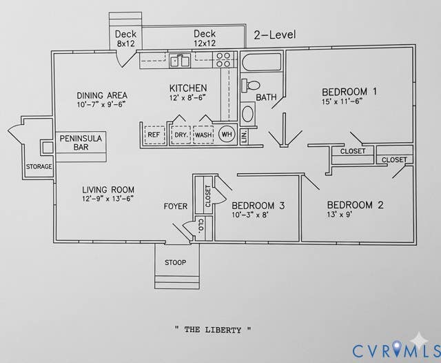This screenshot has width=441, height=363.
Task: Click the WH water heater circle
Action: point(227,134)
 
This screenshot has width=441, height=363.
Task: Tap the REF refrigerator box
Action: point(154,135)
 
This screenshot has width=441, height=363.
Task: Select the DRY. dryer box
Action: point(181,135)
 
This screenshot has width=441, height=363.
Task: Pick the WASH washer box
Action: point(203,135)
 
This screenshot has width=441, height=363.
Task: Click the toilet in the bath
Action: point(251,85)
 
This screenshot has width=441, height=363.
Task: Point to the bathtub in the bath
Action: point(261,61)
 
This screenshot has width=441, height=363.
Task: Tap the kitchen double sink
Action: point(180,61)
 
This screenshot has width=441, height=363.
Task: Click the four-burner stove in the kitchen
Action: point(223,60)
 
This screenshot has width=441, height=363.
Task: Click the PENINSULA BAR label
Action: point(81,142)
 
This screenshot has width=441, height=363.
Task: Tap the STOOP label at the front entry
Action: point(175,262)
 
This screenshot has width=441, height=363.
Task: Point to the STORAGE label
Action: point(39,166)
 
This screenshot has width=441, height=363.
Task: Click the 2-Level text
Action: point(275,35)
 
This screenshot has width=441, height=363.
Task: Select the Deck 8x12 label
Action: point(125,39)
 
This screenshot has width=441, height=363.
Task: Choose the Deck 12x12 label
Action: point(205,38)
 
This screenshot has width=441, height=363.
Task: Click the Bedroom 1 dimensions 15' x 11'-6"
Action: point(342,101)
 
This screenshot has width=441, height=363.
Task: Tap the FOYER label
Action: point(176,206)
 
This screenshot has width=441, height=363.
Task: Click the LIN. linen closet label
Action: point(244,137)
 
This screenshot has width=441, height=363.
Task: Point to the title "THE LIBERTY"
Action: point(213,330)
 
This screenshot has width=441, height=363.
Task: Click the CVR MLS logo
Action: point(396,350)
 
